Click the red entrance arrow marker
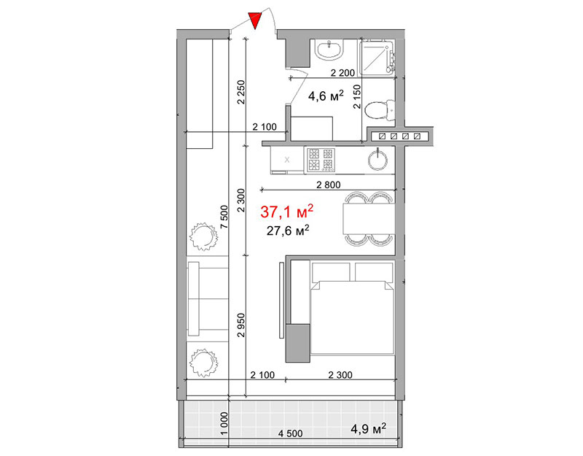(x=255, y=20)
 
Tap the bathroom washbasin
(x=329, y=50)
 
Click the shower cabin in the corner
(x=377, y=58)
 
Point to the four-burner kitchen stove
(x=321, y=160)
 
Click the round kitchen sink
(x=377, y=160)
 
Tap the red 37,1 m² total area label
(x=286, y=212)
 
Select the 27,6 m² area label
(x=288, y=231)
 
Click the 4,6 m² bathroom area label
(x=326, y=96)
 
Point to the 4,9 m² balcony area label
(x=369, y=429)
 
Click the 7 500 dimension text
(x=224, y=217)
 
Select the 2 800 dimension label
(x=329, y=185)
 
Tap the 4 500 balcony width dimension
(x=290, y=433)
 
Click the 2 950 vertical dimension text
(x=242, y=325)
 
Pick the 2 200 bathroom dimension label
(x=343, y=73)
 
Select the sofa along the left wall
(x=208, y=298)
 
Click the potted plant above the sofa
(x=203, y=236)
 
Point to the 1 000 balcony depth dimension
(x=224, y=423)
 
